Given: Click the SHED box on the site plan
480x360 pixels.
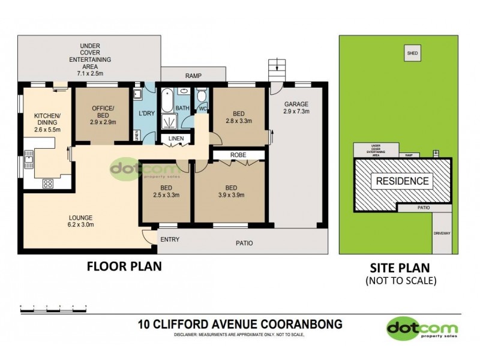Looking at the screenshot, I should click(x=412, y=53).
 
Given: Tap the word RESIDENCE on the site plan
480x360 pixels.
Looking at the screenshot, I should click(x=402, y=181).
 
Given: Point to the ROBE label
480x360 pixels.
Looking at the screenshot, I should click(x=238, y=155).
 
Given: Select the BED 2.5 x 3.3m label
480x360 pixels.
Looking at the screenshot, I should click(x=166, y=191).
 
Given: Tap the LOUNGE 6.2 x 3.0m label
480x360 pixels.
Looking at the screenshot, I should click(x=79, y=221).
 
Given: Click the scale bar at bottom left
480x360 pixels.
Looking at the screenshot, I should click(x=54, y=306).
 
